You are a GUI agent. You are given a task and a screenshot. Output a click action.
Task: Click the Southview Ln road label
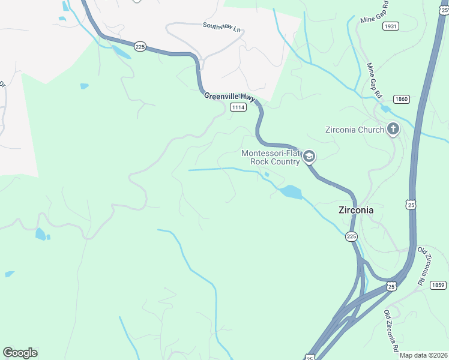221,26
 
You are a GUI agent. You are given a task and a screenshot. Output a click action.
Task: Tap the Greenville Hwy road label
229,97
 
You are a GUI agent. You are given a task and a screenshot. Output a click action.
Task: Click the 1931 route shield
390,26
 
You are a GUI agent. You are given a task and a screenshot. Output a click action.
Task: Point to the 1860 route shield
402,98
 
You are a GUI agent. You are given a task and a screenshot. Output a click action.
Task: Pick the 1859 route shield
438,285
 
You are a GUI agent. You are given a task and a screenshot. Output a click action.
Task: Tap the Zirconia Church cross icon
393,129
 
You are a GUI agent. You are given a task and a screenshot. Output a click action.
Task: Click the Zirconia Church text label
354,130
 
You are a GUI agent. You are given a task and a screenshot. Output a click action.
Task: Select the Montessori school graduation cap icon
309,157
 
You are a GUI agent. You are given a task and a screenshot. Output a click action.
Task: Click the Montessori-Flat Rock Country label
270,157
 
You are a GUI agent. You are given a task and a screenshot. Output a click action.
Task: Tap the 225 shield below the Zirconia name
352,237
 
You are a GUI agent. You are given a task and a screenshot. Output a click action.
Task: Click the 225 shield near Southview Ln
140,47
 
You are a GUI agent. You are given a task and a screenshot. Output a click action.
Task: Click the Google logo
20,353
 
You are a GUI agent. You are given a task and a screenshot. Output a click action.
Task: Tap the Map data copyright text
423,355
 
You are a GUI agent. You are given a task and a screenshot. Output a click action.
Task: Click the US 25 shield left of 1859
391,287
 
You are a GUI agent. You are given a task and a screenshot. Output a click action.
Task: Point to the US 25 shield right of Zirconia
411,205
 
